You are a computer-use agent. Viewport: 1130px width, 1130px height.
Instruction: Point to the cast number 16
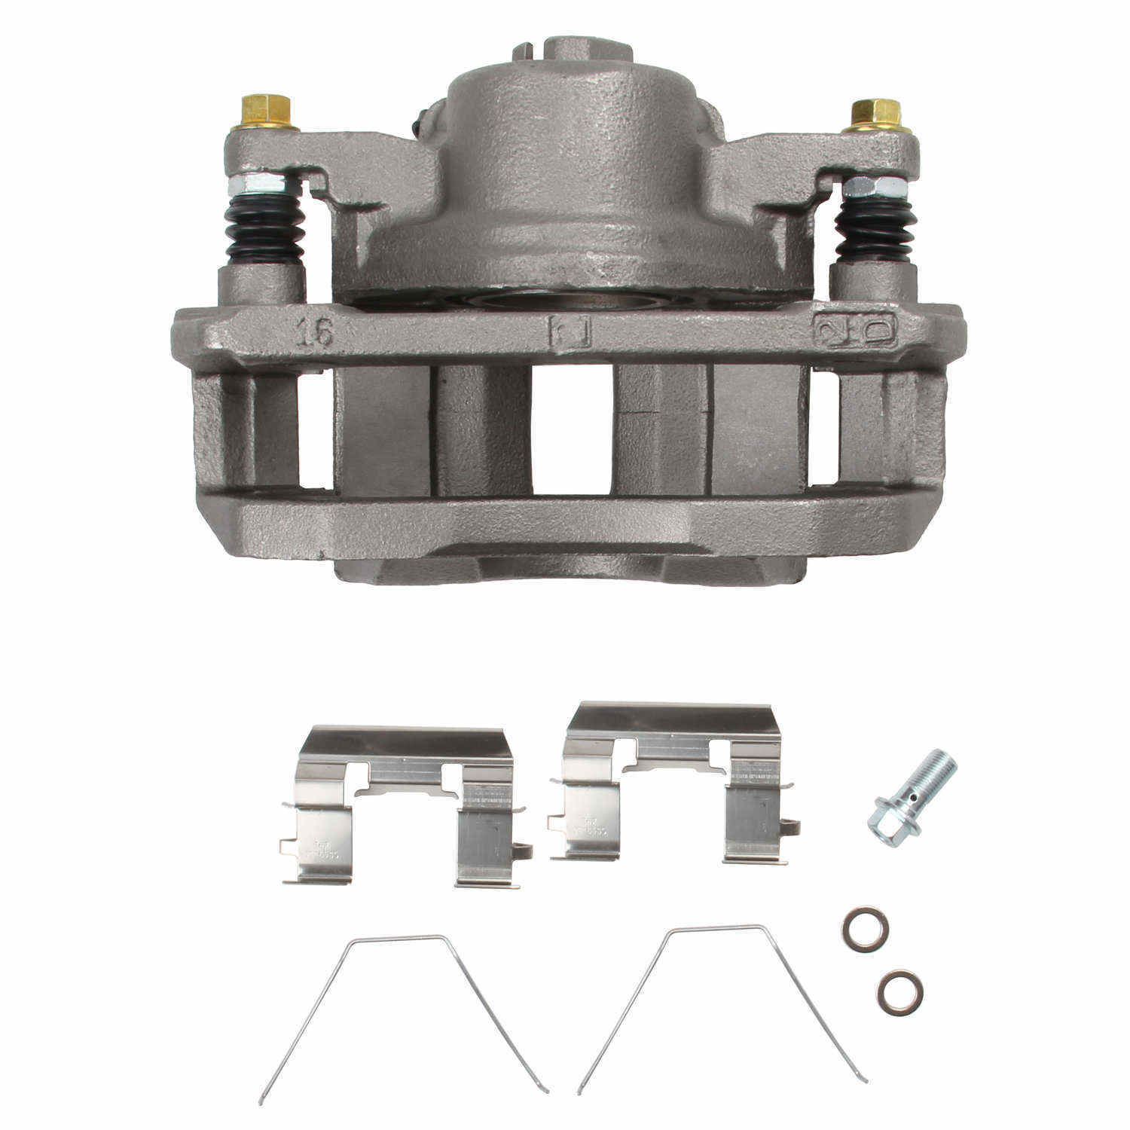(x=314, y=331)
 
